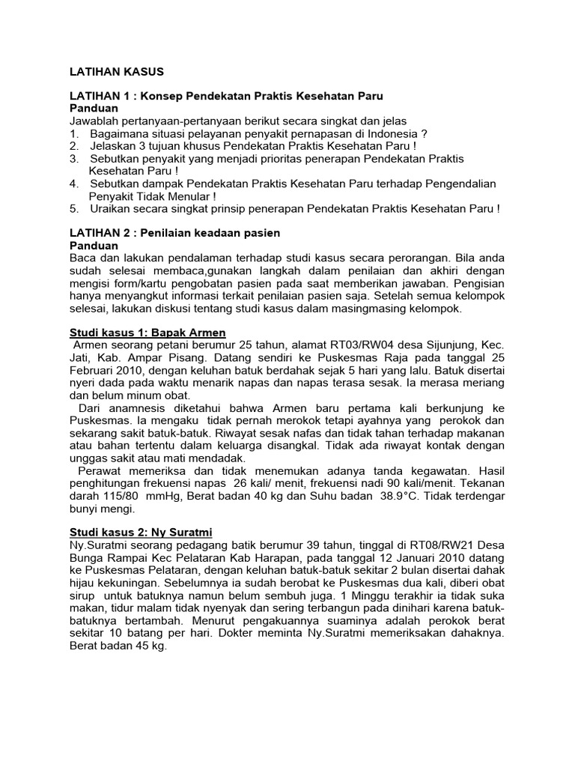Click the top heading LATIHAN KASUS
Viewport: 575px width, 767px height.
115,72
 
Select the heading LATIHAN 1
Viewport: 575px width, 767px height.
101,97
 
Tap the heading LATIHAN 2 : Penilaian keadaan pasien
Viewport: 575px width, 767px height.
174,233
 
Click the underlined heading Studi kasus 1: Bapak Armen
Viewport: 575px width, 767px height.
147,332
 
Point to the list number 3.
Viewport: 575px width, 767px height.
73,159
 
